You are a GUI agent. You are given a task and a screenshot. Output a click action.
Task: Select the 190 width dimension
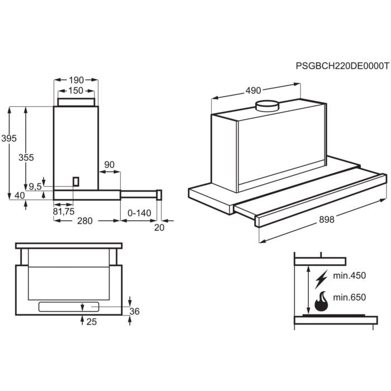(x=76, y=80)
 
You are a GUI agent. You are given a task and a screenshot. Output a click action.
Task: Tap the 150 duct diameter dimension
(x=76, y=90)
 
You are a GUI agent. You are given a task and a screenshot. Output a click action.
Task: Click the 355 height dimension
(x=26, y=158)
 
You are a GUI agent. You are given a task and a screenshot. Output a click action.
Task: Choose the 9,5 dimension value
(x=35, y=187)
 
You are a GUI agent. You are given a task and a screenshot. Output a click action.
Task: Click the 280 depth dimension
(x=84, y=221)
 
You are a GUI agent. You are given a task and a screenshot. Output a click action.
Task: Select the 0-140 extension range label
(x=140, y=212)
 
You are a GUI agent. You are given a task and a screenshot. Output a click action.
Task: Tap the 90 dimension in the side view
(x=109, y=164)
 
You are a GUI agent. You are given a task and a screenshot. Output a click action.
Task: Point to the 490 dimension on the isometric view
(x=254, y=91)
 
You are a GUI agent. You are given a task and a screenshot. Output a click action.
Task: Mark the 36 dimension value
(x=134, y=311)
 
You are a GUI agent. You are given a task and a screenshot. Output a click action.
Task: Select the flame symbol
(x=321, y=302)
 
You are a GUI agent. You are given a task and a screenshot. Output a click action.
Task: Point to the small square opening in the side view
(x=76, y=182)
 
